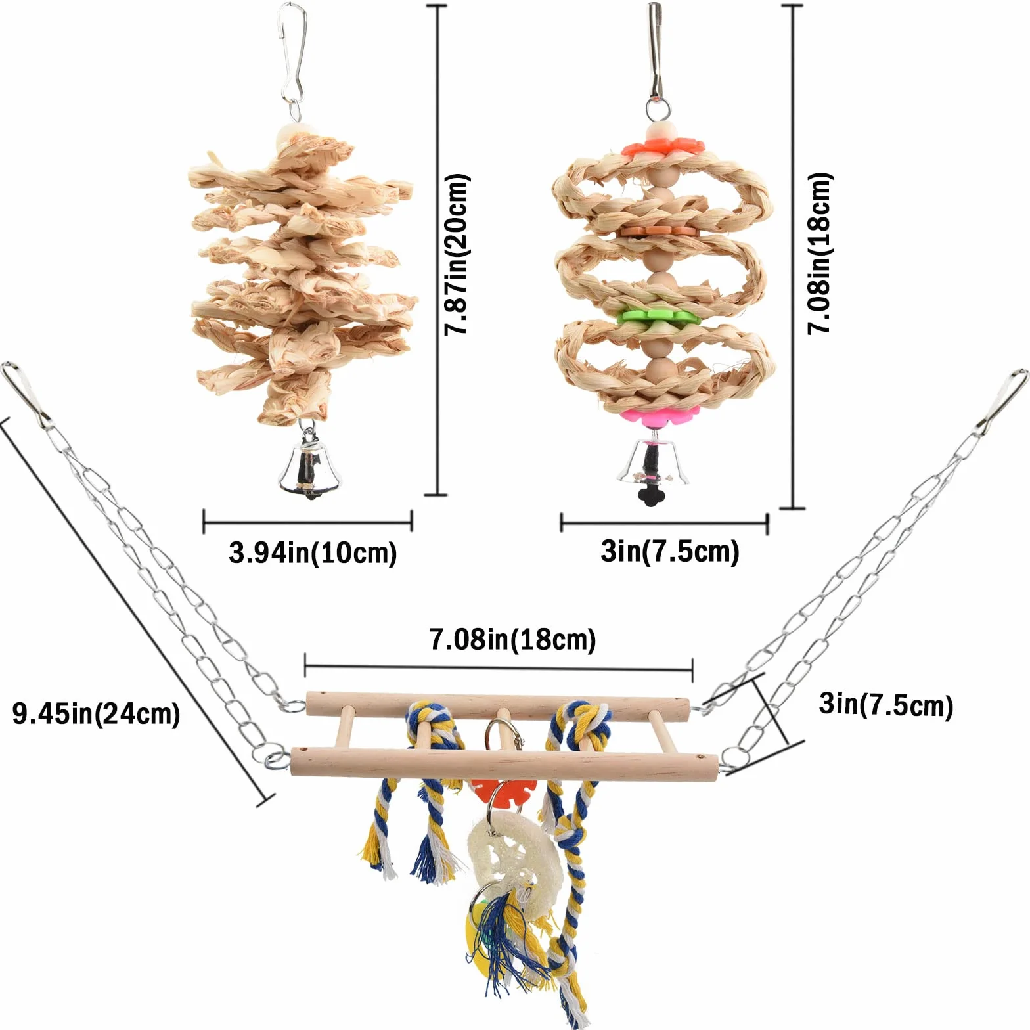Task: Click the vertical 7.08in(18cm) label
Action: point(819,254)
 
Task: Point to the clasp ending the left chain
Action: point(22,393)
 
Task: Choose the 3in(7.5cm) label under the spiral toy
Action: point(670,551)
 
